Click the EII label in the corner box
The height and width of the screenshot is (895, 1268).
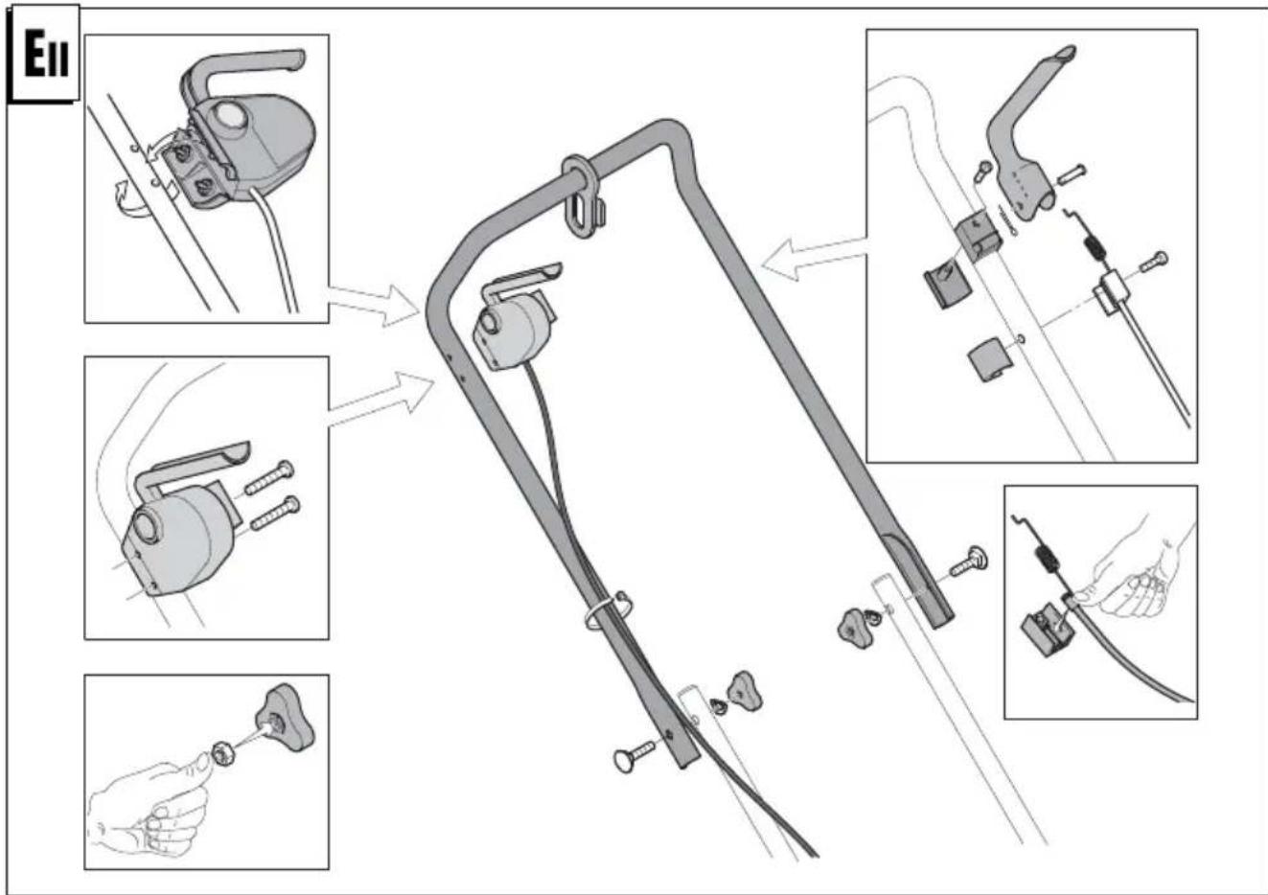(46, 54)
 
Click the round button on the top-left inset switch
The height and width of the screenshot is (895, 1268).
(229, 118)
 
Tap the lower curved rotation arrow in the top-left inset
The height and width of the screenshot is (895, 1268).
(131, 201)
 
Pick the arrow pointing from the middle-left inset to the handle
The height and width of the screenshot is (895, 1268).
(380, 399)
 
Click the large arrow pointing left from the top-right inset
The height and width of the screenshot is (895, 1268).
(814, 258)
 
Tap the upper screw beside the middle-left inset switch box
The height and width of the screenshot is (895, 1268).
(269, 477)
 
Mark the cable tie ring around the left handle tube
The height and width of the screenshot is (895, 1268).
(608, 610)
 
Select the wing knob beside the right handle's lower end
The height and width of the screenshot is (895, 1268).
(856, 628)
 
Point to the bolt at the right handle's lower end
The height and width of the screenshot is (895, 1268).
(969, 562)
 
